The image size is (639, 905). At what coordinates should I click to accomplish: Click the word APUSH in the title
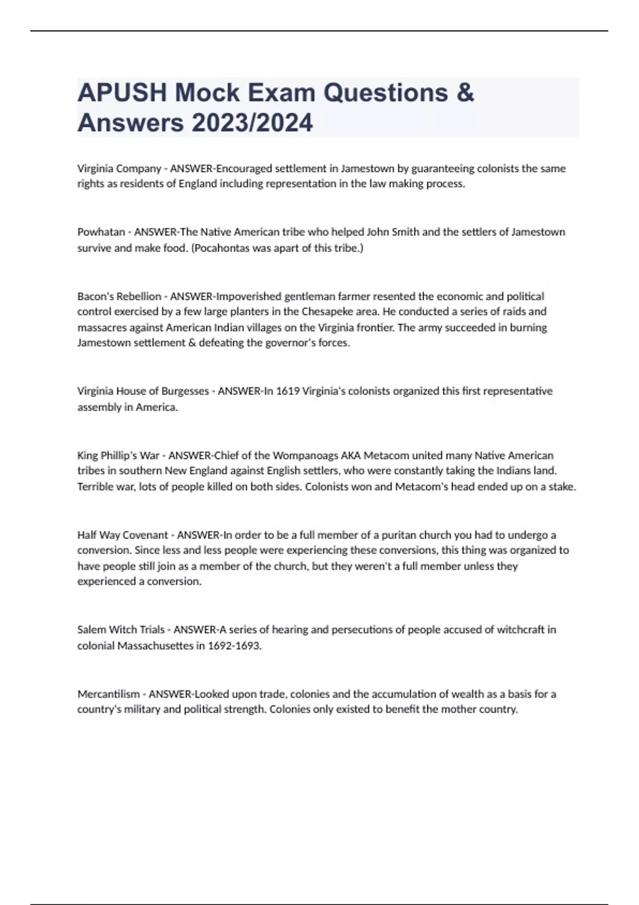[x=122, y=93]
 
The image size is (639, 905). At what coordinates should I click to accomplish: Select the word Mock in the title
[x=208, y=93]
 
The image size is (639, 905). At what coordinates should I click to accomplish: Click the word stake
[x=562, y=487]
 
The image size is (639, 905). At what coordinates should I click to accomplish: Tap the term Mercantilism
[x=109, y=694]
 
